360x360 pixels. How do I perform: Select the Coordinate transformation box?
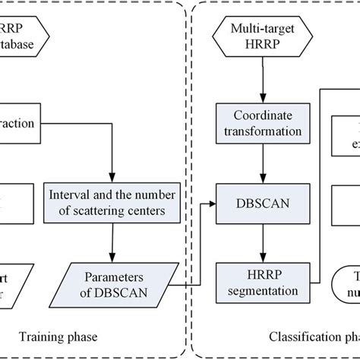262,122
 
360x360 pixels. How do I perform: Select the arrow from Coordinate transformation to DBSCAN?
262,163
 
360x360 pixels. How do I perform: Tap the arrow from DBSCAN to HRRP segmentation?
262,243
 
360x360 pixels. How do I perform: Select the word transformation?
262,130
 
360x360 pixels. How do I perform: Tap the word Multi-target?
262,30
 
